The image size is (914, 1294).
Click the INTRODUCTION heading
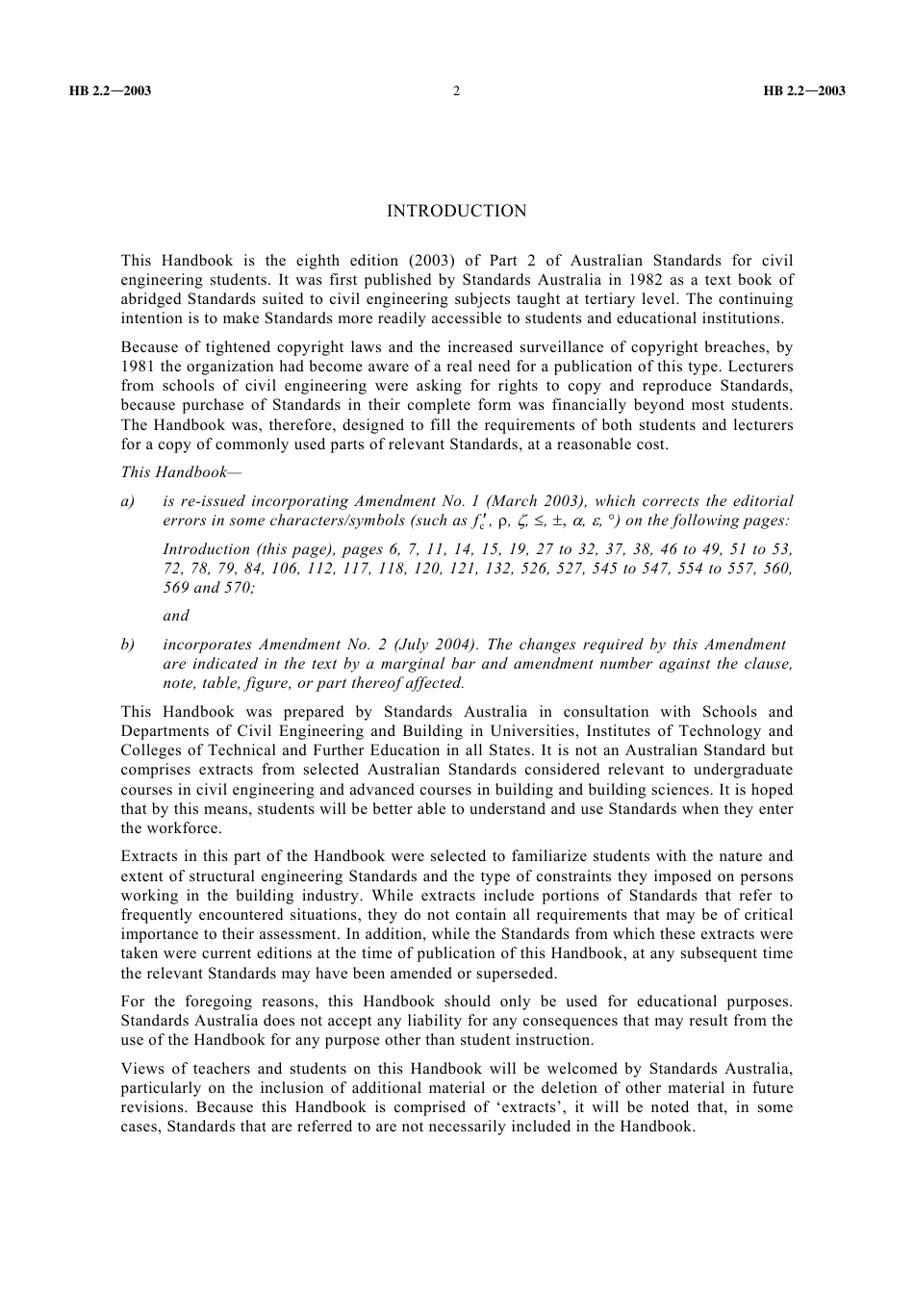(x=456, y=212)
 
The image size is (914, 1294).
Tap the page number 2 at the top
(x=456, y=91)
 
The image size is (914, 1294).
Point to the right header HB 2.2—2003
(x=804, y=91)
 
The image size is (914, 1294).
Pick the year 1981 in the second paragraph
(x=138, y=367)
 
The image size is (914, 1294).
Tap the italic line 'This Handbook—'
(x=174, y=472)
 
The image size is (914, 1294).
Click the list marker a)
(x=128, y=501)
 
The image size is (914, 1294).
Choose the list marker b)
(x=128, y=645)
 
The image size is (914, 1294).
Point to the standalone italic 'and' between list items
(x=176, y=616)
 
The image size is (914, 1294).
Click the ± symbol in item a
(x=557, y=520)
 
